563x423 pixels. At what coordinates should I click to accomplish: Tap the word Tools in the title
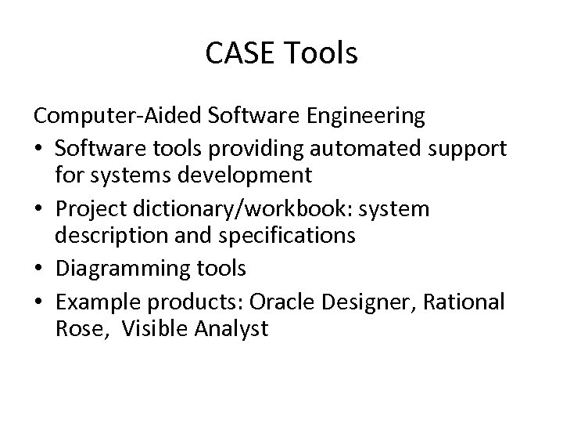321,54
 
